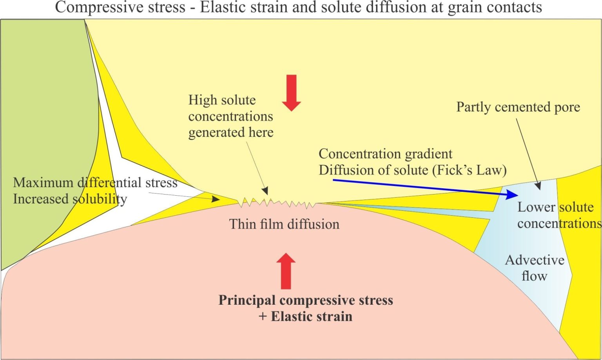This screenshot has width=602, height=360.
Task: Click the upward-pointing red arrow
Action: coord(286,271)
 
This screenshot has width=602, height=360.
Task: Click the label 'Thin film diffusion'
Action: coord(284,224)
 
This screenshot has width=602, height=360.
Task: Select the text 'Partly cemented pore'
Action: coord(518,107)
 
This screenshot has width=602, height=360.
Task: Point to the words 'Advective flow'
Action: coord(535,268)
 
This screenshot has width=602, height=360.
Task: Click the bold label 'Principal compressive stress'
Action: coord(306,300)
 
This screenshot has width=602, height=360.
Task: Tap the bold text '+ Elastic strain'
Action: coord(305,316)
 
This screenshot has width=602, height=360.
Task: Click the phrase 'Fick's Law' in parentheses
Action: coord(470,170)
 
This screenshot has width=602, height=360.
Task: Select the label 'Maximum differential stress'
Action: coord(95,183)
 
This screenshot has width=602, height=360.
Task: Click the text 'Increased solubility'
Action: coord(70,199)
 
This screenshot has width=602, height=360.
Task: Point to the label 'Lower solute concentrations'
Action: coord(559,215)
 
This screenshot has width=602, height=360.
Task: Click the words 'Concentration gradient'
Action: coord(385,154)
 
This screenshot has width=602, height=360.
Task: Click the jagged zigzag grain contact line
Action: coord(277,203)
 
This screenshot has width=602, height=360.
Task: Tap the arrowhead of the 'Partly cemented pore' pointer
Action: coord(539,186)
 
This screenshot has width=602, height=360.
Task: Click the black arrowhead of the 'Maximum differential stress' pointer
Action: coord(216,199)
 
